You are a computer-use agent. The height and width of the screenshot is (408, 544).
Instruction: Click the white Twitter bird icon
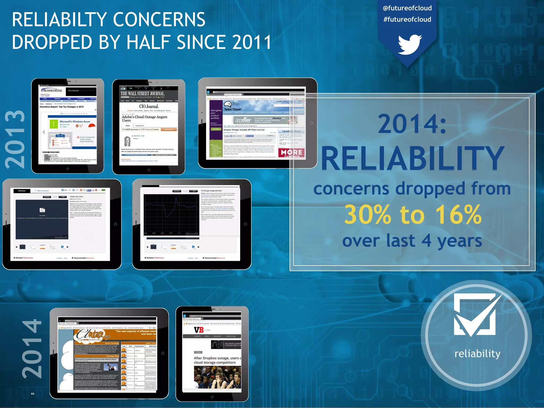409,45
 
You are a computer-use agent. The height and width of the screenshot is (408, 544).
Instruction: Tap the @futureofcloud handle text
407,8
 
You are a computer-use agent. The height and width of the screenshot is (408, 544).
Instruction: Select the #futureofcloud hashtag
407,19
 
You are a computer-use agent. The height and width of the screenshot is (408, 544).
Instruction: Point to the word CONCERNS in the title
159,20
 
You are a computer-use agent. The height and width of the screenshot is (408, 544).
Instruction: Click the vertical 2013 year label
15,139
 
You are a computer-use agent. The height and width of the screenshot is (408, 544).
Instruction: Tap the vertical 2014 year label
32,349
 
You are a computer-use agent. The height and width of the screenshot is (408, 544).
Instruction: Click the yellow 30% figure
368,215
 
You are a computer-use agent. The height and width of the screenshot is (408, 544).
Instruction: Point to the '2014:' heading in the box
412,124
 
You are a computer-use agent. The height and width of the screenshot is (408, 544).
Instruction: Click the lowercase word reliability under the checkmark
477,354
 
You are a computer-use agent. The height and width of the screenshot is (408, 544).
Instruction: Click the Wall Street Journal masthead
143,93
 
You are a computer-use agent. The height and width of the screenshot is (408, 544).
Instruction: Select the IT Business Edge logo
52,91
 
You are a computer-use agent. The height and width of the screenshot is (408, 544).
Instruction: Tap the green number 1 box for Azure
54,124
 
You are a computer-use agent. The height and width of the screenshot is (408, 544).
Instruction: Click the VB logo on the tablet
199,330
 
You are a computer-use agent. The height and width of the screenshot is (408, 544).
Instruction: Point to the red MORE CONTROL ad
291,153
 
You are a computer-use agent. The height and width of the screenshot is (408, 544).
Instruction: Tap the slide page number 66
33,394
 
